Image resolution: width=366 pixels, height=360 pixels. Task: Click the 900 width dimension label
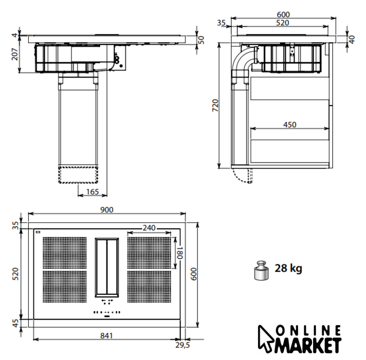pos(107,210)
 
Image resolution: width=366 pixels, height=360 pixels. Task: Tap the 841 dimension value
pos(106,336)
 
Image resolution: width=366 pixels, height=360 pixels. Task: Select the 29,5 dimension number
pos(183,345)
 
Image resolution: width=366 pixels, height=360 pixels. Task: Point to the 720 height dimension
pos(215,105)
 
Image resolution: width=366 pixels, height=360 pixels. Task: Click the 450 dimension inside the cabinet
pos(290,125)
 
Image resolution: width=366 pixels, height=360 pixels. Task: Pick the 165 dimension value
pos(92,192)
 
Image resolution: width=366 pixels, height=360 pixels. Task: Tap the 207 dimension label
pos(15,54)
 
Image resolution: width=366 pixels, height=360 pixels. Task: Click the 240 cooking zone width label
pos(149,228)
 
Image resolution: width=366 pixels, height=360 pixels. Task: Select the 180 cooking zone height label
pos(179,253)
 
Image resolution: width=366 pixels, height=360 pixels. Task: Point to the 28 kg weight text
pos(288,268)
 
